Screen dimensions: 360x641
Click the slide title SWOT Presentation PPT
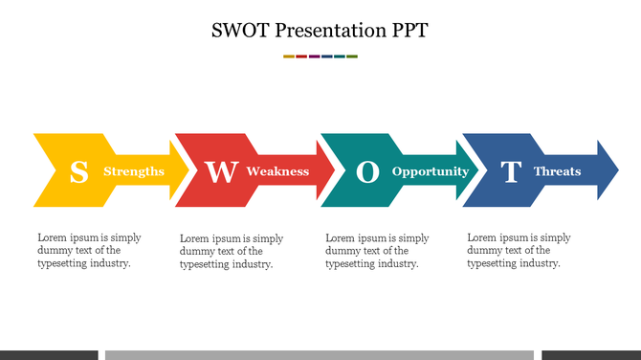320,30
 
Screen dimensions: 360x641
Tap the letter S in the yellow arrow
79,172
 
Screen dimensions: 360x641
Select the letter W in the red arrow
221,172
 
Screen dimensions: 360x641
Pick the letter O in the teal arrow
367,172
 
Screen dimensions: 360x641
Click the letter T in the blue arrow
511,172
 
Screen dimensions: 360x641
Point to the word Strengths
133,171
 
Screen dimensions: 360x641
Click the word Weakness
277,171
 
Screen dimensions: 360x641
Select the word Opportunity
431,171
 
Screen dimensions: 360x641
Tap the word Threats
557,171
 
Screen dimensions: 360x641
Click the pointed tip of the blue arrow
615,170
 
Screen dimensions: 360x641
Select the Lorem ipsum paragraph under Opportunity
377,251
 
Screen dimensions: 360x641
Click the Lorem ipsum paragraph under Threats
519,251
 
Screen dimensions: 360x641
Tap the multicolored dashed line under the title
320,56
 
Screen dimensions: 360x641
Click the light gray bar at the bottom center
319,354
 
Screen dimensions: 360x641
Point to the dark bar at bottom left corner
49,354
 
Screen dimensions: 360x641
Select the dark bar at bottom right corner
590,354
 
